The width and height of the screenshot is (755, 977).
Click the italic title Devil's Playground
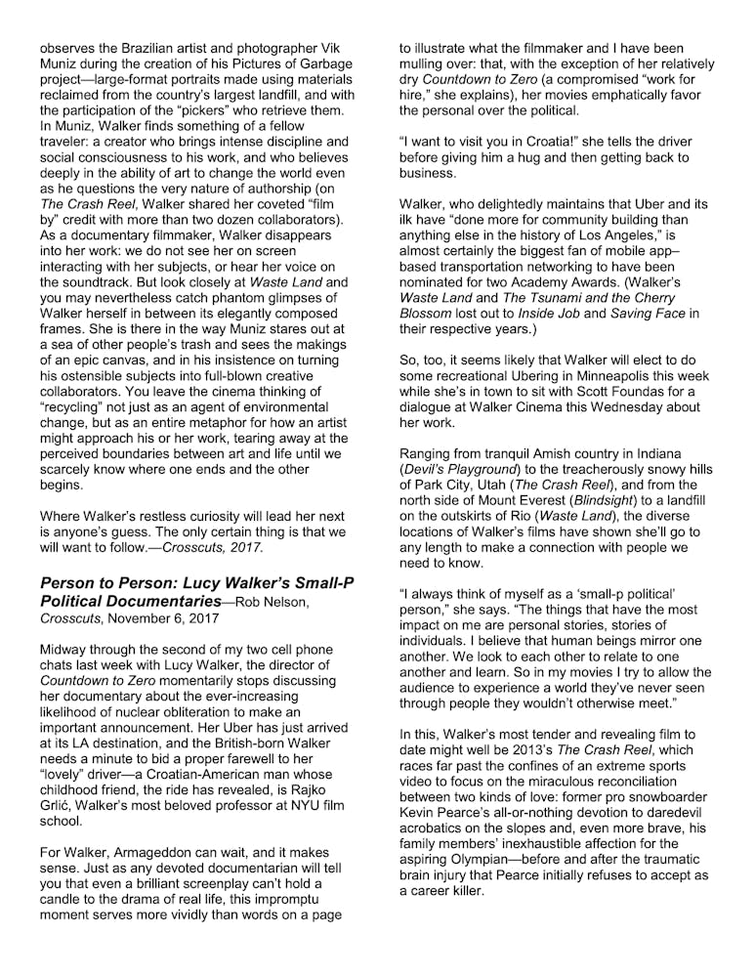pyautogui.click(x=463, y=469)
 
